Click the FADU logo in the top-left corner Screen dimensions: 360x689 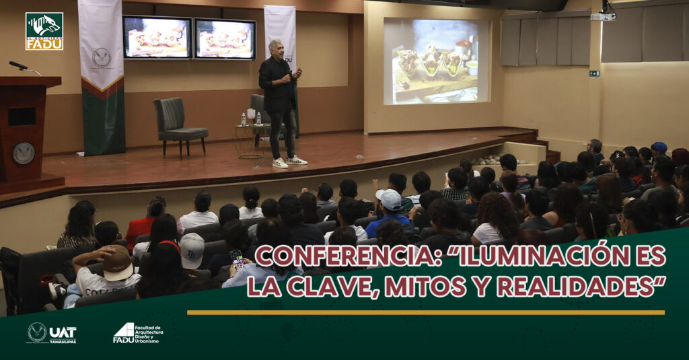pyautogui.click(x=44, y=31)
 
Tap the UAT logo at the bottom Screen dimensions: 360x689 pyautogui.click(x=52, y=332)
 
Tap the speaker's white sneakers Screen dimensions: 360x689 pyautogui.click(x=289, y=161)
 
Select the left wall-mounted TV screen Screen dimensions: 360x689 pyautogui.click(x=157, y=37)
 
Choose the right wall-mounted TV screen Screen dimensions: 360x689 pyautogui.click(x=225, y=39)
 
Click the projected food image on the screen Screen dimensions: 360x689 pyautogui.click(x=435, y=62)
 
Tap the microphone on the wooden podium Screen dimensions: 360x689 pyautogui.click(x=19, y=66)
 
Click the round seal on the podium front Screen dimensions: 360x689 pyautogui.click(x=24, y=153)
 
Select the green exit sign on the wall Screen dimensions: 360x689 pyautogui.click(x=594, y=74)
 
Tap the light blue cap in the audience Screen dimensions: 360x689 pyautogui.click(x=389, y=199)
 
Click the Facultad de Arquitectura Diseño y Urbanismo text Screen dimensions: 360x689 pyautogui.click(x=148, y=333)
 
